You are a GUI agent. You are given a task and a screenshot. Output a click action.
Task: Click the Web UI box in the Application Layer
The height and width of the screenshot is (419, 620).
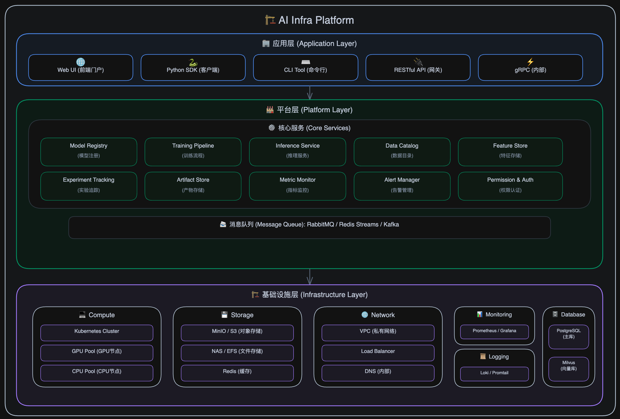[81, 67]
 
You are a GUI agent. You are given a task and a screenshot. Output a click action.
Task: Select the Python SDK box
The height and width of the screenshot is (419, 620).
[193, 67]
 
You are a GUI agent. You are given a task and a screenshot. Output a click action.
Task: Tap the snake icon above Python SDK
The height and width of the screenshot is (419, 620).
[193, 62]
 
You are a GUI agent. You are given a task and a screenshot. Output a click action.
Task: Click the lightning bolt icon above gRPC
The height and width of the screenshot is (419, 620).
[530, 62]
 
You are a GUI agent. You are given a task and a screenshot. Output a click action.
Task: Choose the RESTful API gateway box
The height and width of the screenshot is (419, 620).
[418, 67]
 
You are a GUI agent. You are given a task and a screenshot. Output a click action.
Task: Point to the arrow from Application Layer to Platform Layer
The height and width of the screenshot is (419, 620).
[310, 93]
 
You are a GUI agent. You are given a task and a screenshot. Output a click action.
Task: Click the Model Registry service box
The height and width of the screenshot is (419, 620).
[89, 152]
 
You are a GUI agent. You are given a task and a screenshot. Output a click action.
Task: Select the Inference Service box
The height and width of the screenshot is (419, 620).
[297, 152]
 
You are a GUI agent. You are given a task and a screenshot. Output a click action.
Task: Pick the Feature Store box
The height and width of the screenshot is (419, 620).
[510, 152]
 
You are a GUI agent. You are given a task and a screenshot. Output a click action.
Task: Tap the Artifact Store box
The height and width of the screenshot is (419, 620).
[193, 186]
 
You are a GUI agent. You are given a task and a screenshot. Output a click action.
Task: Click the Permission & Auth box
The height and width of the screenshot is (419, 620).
[510, 186]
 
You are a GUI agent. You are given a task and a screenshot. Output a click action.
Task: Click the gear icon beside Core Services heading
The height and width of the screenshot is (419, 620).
[272, 127]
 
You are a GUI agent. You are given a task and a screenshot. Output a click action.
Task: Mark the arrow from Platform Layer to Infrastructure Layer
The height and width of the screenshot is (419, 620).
[310, 277]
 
